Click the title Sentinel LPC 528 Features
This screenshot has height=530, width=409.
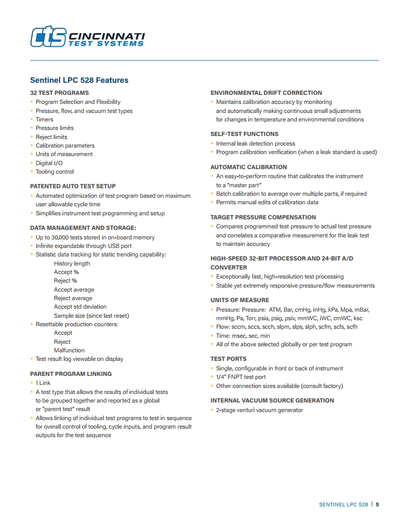79,80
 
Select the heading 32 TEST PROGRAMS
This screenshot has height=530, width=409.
59,93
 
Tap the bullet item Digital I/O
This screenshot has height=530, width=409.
49,163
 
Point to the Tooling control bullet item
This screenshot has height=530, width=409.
55,172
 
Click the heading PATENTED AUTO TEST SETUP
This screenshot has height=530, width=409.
73,186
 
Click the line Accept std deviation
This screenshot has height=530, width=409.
80,307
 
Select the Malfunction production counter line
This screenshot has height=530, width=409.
69,350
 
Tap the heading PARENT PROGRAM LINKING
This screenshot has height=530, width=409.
71,374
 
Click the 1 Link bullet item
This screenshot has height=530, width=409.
43,383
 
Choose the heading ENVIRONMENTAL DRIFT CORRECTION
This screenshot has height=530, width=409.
266,93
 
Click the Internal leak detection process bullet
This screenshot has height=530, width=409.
256,144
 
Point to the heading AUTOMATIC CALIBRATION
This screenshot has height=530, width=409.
249,167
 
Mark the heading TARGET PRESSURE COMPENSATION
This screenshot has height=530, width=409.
263,217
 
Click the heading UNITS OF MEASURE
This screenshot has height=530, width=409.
240,300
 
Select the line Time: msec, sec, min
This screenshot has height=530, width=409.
243,336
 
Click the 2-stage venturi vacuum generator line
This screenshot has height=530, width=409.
260,410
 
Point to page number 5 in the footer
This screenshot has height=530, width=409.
377,504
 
